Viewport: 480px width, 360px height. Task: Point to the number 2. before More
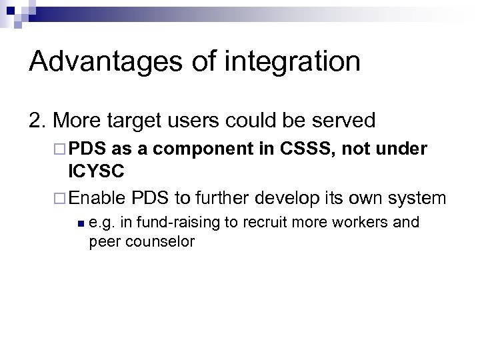[x=38, y=121]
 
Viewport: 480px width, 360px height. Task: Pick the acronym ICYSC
[x=96, y=171]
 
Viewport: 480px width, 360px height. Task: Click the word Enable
[x=96, y=198]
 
